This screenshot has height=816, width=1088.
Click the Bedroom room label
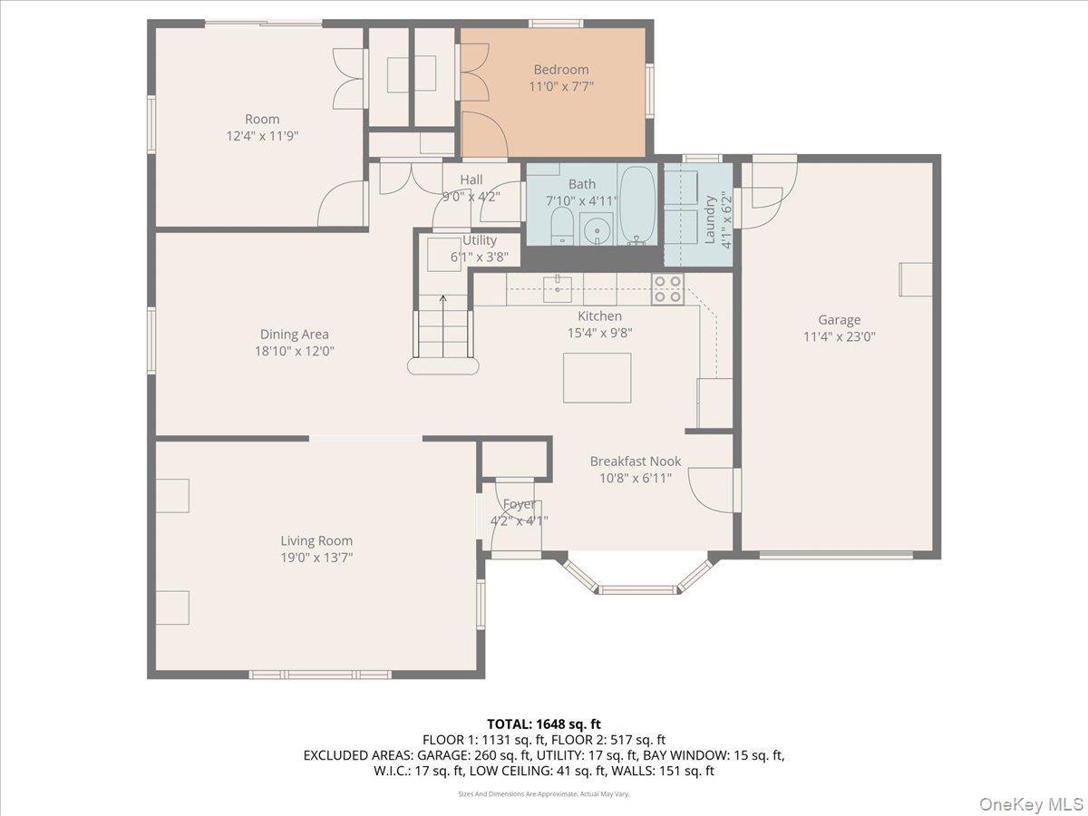coord(560,70)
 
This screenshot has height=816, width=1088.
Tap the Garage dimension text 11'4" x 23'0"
coord(839,336)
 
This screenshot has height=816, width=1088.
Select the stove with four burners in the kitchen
coord(667,289)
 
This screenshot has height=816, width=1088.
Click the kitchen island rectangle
coord(597,378)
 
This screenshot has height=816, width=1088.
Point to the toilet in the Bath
coord(561,227)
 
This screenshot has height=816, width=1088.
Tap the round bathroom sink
coord(596,228)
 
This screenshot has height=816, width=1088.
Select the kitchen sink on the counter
coord(557,288)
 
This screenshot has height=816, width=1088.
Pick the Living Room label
coord(316,541)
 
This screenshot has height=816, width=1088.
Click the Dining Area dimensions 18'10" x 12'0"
coord(294,351)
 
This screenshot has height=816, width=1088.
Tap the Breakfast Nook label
coord(635,461)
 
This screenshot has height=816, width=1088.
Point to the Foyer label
coord(519,505)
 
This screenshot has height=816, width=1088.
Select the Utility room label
coord(480,240)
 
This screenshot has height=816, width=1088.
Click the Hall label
coord(471,180)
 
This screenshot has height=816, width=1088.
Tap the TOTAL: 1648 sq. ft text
coord(543,724)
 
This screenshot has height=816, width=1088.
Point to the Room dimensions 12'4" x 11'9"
coord(262,135)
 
